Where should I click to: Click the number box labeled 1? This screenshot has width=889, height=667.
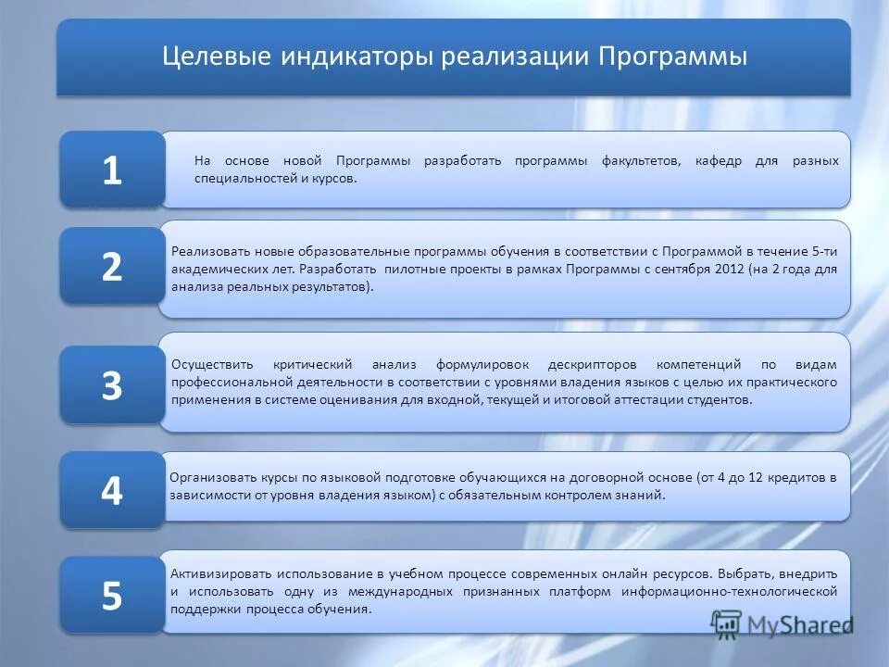pyautogui.click(x=112, y=170)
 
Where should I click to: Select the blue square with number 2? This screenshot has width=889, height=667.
pyautogui.click(x=112, y=267)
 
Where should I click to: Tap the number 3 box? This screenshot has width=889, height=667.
pyautogui.click(x=112, y=385)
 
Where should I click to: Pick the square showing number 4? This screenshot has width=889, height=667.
pyautogui.click(x=112, y=490)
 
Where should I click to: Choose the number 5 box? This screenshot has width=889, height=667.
pyautogui.click(x=112, y=596)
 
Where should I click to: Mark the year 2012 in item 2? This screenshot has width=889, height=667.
pyautogui.click(x=731, y=270)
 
